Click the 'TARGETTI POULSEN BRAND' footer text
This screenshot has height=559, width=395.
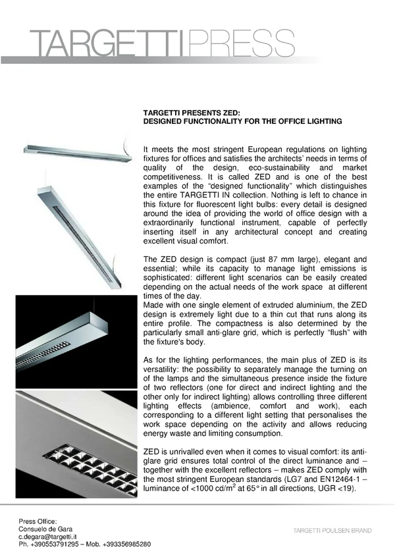332,530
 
